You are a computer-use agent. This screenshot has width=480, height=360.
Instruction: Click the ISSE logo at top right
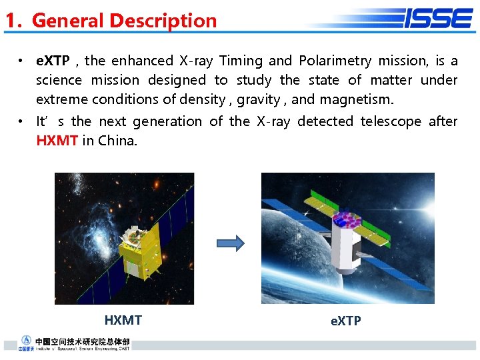[x=437, y=18]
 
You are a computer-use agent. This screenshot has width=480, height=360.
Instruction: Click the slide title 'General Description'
[x=124, y=21]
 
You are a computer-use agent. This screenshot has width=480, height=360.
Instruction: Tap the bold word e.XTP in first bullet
[x=53, y=61]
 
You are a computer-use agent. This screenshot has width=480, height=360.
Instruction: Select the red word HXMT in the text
[x=57, y=141]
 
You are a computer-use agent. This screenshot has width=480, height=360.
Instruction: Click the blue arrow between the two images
[x=231, y=243]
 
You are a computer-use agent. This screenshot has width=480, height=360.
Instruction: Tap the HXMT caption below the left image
[x=123, y=320]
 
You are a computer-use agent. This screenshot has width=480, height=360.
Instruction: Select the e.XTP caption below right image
[x=345, y=321]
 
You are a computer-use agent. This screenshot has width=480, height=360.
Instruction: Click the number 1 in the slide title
[x=10, y=21]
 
